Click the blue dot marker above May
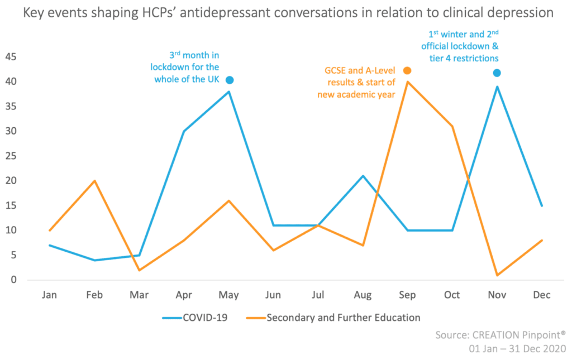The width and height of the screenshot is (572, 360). pyautogui.click(x=229, y=80)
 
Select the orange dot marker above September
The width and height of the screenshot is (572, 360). pyautogui.click(x=407, y=70)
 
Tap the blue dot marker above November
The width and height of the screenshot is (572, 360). pyautogui.click(x=497, y=73)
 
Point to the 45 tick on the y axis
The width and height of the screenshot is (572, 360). pyautogui.click(x=11, y=57)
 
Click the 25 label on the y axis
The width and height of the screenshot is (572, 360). pyautogui.click(x=11, y=156)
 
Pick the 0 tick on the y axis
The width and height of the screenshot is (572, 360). pyautogui.click(x=13, y=280)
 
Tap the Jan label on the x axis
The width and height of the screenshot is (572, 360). pyautogui.click(x=50, y=295)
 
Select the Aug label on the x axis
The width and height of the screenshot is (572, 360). pyautogui.click(x=363, y=295)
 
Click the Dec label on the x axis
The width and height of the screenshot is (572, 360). pyautogui.click(x=541, y=295)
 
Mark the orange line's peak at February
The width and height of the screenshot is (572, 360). pyautogui.click(x=94, y=181)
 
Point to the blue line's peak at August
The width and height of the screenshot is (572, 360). pyautogui.click(x=363, y=176)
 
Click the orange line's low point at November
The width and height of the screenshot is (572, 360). pyautogui.click(x=497, y=275)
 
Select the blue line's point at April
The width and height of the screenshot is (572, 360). pyautogui.click(x=184, y=131)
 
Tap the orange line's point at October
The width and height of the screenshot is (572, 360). pyautogui.click(x=452, y=126)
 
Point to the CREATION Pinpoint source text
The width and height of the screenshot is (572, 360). pyautogui.click(x=500, y=335)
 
